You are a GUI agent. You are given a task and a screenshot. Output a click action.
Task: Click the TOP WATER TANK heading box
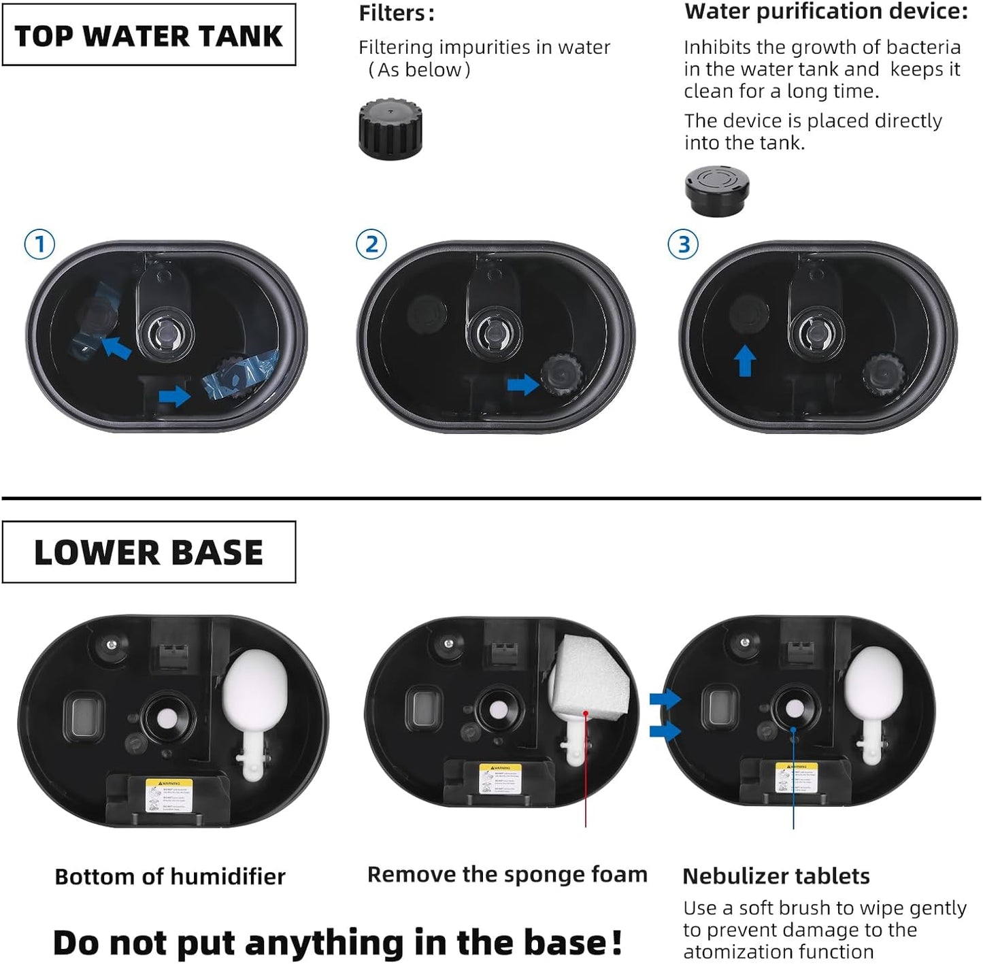pyautogui.click(x=148, y=35)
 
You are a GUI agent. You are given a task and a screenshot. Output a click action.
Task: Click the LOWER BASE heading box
pyautogui.click(x=148, y=552)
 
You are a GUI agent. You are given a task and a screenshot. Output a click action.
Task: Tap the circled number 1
pyautogui.click(x=39, y=244)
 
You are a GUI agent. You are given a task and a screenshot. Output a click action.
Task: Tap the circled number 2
pyautogui.click(x=371, y=244)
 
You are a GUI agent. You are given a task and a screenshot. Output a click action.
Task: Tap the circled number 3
pyautogui.click(x=683, y=244)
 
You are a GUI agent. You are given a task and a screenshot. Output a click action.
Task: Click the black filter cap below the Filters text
pyautogui.click(x=390, y=129)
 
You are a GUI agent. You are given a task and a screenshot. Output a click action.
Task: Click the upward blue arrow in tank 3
pyautogui.click(x=746, y=361)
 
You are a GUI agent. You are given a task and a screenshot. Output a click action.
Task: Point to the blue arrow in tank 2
pyautogui.click(x=522, y=385)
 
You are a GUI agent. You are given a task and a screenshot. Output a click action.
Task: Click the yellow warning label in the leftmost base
pyautogui.click(x=169, y=795)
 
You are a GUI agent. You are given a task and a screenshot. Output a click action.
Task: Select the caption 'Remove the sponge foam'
pyautogui.click(x=507, y=874)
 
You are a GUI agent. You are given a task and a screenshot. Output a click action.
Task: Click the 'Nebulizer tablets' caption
pyautogui.click(x=776, y=876)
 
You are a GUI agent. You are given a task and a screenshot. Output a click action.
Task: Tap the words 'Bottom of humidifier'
pyautogui.click(x=170, y=877)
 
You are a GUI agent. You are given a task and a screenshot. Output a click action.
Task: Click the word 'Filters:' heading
pyautogui.click(x=397, y=13)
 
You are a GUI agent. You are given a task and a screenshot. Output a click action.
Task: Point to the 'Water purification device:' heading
pyautogui.click(x=825, y=12)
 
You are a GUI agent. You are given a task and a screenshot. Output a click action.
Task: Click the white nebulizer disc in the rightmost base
pyautogui.click(x=793, y=710)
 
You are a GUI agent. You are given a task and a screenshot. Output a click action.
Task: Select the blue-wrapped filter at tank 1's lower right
pyautogui.click(x=240, y=376)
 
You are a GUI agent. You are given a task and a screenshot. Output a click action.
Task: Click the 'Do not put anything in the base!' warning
pyautogui.click(x=337, y=943)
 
